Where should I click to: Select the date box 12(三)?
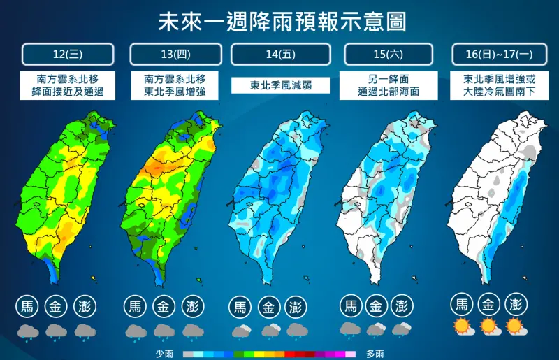click(x=67, y=54)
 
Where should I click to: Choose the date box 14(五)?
click(x=279, y=54)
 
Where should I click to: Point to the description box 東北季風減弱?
click(x=279, y=85)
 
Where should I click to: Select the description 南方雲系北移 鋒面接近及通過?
click(x=68, y=85)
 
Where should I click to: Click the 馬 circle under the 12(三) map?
click(x=27, y=306)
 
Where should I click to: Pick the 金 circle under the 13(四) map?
click(x=164, y=306)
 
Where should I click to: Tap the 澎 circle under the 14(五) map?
click(x=296, y=307)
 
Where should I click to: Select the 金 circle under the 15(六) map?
click(x=376, y=305)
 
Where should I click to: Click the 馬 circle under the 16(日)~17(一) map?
click(x=461, y=305)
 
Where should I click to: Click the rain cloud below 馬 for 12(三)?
click(x=27, y=331)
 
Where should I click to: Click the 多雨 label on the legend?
click(x=375, y=354)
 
